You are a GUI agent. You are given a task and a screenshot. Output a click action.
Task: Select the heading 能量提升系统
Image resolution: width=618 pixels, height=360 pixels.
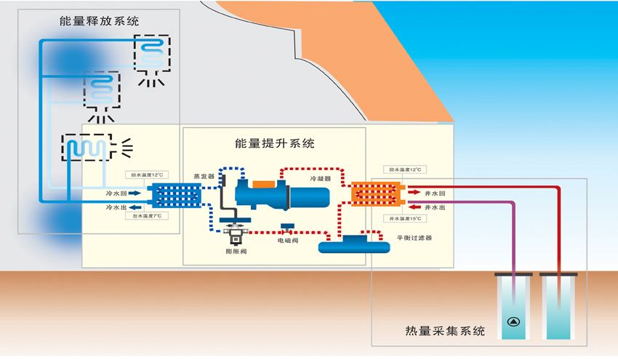pos(275,143)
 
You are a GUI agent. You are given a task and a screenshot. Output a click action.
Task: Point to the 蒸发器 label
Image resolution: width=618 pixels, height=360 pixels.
pos(204,175)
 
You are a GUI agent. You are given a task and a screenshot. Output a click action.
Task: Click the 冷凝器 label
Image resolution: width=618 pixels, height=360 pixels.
pos(321,177)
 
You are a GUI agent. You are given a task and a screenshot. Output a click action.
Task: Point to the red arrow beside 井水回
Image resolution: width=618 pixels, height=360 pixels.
pos(411,193)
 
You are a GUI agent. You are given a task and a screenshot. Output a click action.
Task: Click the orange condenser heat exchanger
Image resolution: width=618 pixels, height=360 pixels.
pos(375,195)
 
